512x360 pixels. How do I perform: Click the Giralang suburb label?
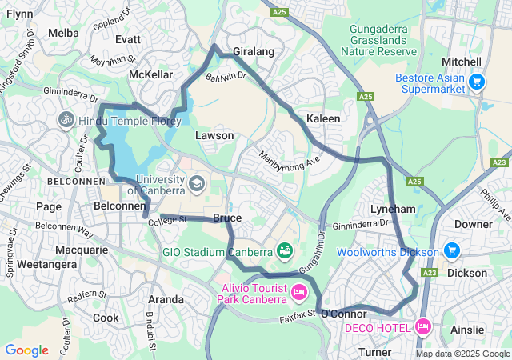pos(254,52)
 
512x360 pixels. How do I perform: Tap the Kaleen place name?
pos(324,118)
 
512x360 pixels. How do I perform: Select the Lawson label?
pos(214,136)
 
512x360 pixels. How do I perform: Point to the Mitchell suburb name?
pos(462,62)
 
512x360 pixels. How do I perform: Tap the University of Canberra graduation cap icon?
pos(196,184)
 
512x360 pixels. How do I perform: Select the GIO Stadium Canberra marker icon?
pos(284,251)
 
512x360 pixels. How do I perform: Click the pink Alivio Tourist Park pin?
pos(299,291)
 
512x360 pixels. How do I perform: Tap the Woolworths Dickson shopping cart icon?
pos(452,251)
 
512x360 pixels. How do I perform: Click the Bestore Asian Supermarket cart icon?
pos(477,82)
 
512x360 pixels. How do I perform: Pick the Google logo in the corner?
pos(26,350)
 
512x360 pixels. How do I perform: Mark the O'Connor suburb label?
pos(343,314)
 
